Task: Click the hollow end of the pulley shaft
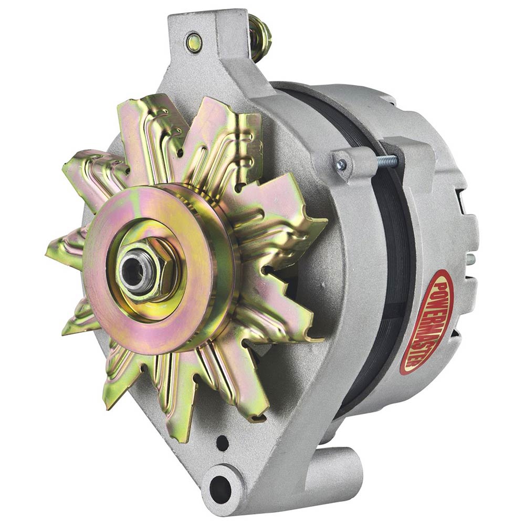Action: coord(135,272)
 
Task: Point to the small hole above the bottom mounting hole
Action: coord(222,443)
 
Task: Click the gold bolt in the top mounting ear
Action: coord(194,42)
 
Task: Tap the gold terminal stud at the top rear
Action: coord(259,37)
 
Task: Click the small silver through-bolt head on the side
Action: coord(341,164)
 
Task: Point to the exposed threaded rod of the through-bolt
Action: coord(388,161)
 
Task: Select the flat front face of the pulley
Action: coord(148,268)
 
